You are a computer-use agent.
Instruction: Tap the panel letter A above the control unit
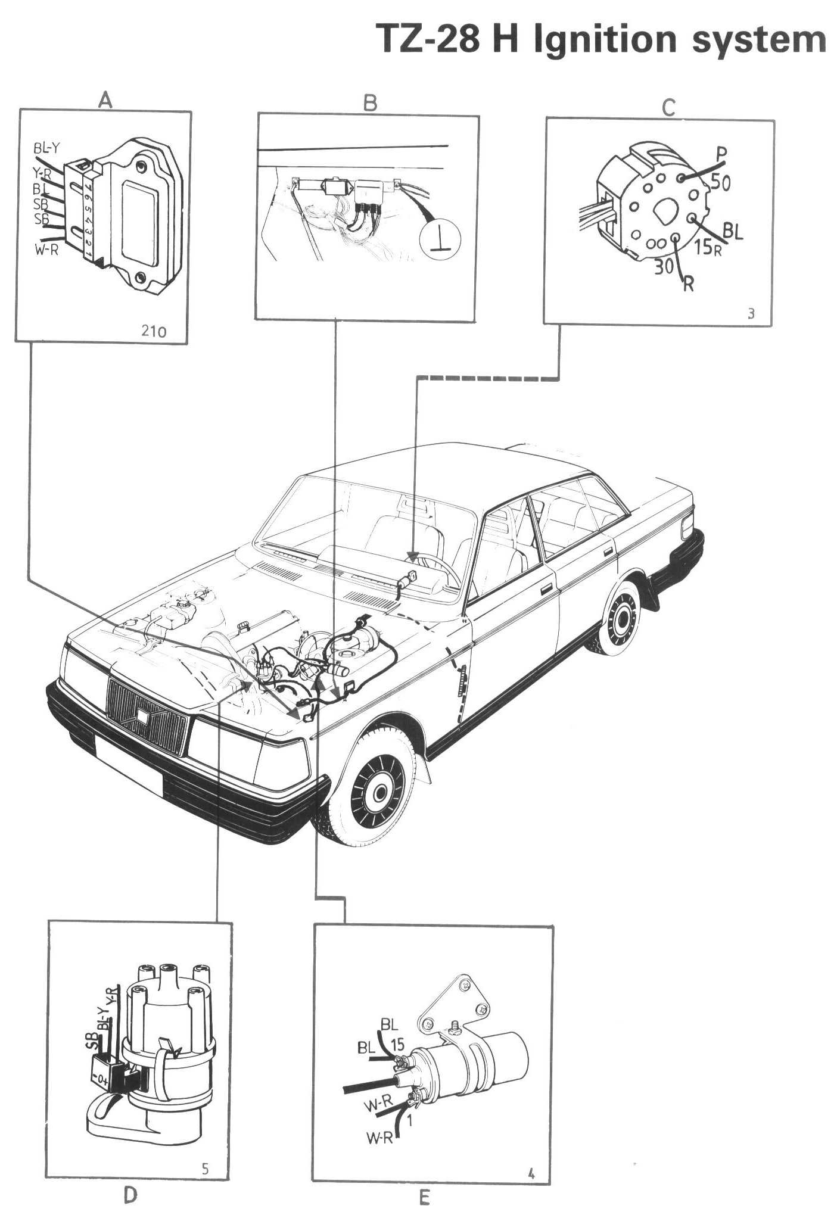105,100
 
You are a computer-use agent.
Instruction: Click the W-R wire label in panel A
46,250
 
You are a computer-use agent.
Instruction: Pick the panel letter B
370,103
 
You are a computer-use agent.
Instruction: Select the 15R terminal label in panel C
708,245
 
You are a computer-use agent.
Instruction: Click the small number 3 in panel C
751,313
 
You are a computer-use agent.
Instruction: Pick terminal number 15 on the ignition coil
397,1043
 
